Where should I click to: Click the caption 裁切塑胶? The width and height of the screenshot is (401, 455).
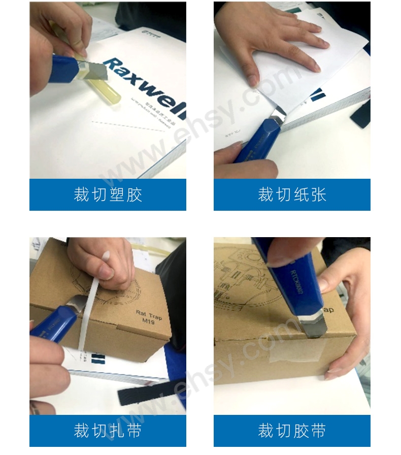pos(108,194)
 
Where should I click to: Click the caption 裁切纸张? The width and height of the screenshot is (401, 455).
pos(292,194)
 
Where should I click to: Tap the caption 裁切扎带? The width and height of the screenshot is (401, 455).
pos(108,431)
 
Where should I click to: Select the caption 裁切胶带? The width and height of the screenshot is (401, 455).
pos(292,431)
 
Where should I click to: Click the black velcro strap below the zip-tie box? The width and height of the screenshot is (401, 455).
pos(147,392)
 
